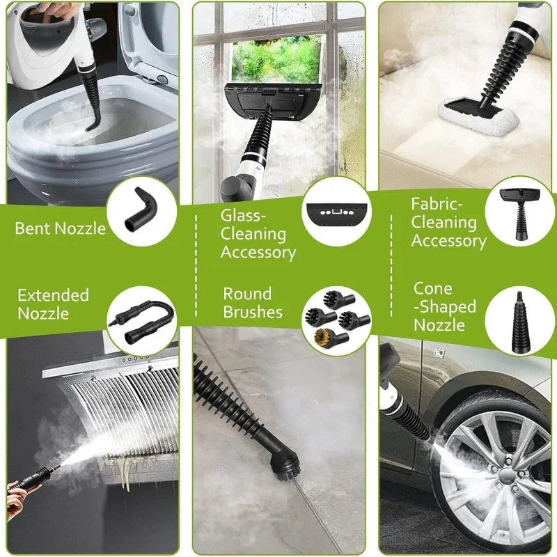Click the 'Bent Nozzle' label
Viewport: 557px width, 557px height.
60,228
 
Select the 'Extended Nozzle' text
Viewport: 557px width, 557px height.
53,304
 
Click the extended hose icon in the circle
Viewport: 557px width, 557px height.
139,321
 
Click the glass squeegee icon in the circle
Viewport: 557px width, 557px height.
336,209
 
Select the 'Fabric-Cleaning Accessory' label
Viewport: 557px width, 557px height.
448,223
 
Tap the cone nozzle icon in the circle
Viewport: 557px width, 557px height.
520,321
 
